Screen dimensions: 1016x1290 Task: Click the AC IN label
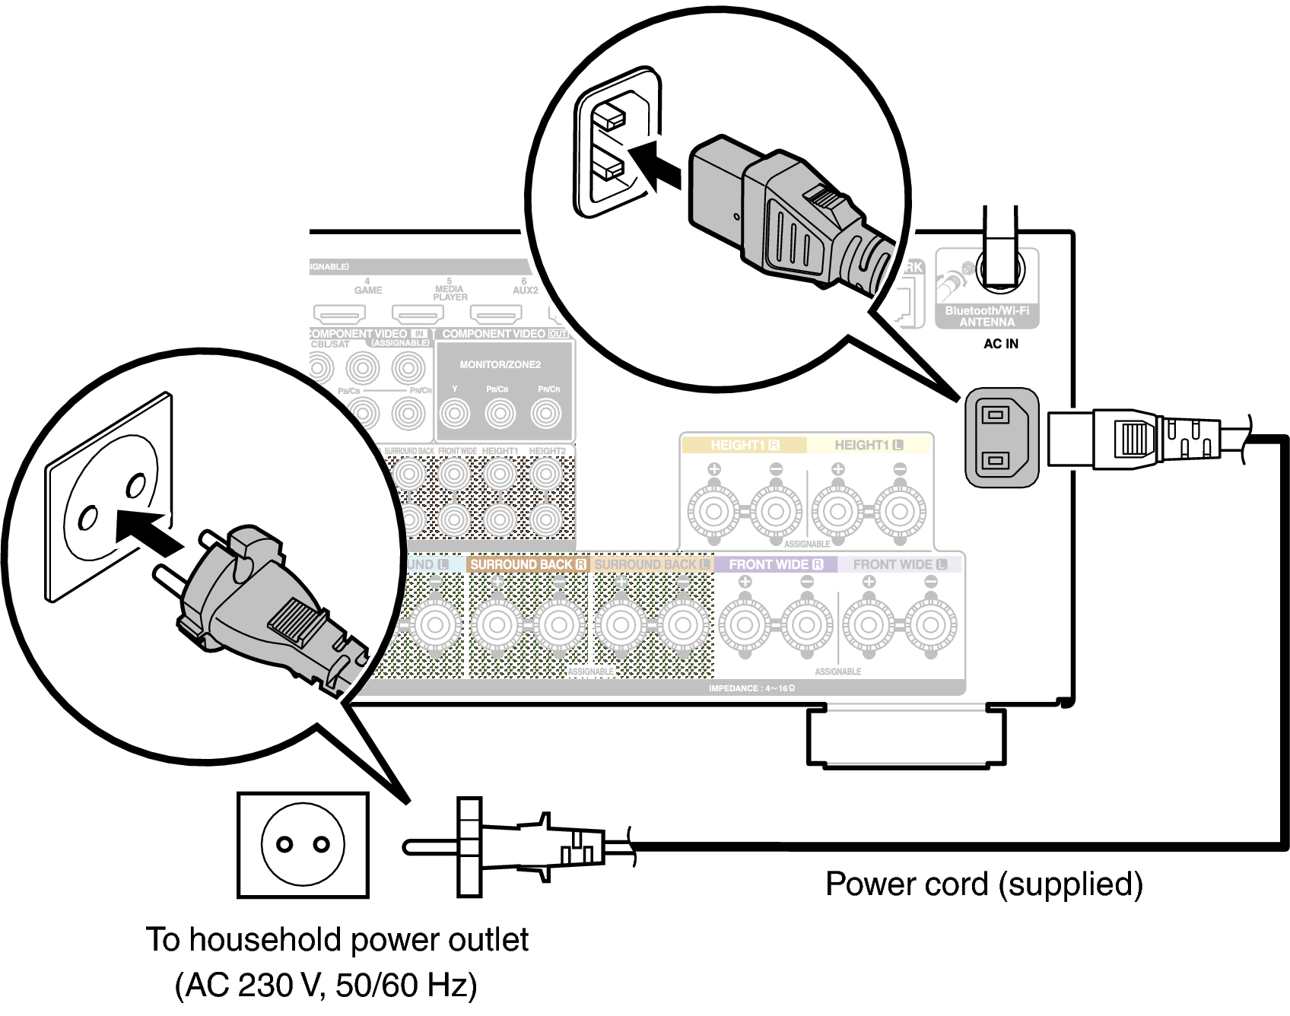pos(1000,344)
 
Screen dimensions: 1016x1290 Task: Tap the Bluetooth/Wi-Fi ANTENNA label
pos(987,316)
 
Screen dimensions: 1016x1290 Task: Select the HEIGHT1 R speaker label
pos(744,445)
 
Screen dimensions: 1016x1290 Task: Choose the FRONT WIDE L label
pos(900,564)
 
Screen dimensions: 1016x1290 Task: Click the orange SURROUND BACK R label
pos(528,564)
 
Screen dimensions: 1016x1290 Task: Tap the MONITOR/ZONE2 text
pos(500,364)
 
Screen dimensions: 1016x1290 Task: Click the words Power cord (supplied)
pos(983,884)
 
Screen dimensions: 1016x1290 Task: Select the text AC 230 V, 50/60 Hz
pos(326,985)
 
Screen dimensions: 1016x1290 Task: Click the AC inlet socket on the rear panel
pos(1001,437)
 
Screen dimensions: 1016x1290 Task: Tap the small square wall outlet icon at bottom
pos(303,845)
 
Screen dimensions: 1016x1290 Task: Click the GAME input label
pos(368,290)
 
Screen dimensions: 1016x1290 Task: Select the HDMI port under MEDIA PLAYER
pos(417,313)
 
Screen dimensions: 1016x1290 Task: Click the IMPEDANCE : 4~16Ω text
pos(751,688)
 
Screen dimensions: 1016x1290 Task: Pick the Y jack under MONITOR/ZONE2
pos(455,413)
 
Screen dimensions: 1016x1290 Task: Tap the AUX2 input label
pos(525,290)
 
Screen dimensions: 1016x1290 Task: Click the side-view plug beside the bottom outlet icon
pos(517,847)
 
